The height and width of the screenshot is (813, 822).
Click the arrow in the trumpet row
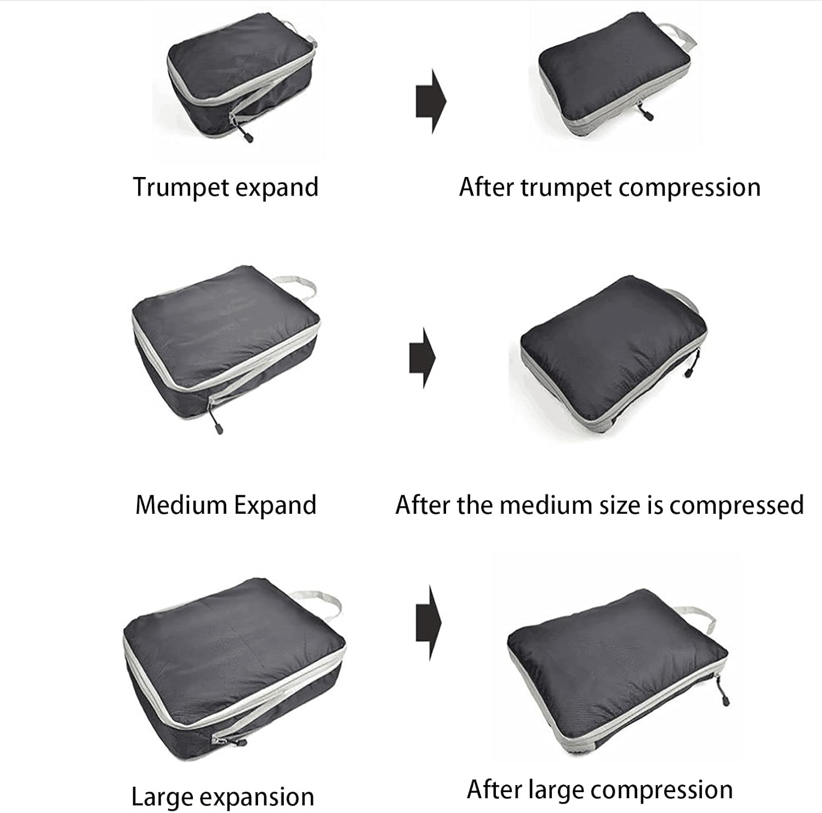pyautogui.click(x=431, y=101)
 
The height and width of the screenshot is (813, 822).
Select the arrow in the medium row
pyautogui.click(x=423, y=358)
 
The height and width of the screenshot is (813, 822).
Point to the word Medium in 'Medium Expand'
pyautogui.click(x=181, y=505)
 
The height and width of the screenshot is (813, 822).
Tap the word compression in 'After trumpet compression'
pyautogui.click(x=689, y=187)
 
